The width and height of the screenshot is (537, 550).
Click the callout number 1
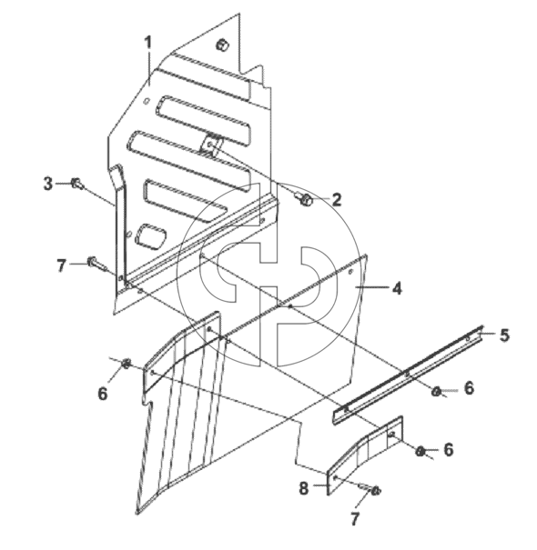point(148,43)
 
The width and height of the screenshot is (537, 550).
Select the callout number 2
point(336,200)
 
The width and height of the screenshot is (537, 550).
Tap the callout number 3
point(48,184)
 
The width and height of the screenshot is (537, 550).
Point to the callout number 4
point(397,288)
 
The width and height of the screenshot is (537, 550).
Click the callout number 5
point(504,335)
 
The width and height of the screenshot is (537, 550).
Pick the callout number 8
point(304,488)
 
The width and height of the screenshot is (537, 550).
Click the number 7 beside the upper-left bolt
point(62,265)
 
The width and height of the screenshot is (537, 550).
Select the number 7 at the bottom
point(354,519)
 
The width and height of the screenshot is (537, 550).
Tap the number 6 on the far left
point(102,394)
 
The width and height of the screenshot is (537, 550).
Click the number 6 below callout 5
point(469,388)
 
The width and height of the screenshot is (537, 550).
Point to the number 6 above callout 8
point(449,450)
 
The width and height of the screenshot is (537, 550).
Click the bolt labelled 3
point(77,184)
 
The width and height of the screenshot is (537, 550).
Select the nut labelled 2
point(305,200)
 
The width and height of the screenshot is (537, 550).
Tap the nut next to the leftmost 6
point(127,364)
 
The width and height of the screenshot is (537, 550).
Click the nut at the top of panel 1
point(222,45)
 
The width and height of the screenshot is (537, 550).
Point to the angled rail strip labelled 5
point(408,375)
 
